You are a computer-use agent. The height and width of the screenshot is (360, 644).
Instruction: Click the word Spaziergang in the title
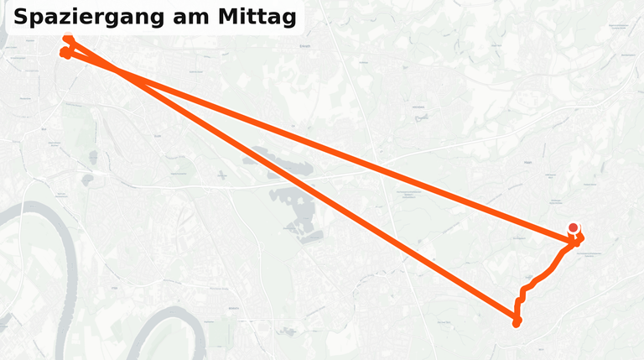click(85, 18)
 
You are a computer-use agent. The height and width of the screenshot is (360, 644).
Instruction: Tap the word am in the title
click(184, 18)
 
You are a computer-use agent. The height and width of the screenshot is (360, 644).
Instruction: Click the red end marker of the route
click(574, 227)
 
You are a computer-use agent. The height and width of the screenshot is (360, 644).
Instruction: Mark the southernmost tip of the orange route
click(517, 324)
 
